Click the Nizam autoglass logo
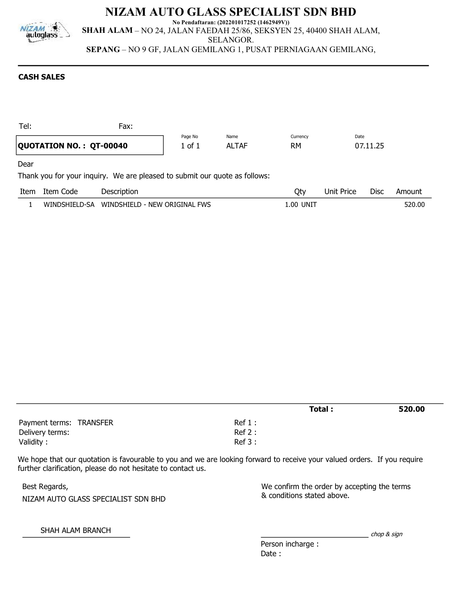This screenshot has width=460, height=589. tap(44, 33)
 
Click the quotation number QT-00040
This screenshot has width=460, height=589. tap(108, 146)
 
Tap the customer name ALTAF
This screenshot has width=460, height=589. tap(237, 146)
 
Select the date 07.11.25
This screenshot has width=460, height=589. tap(369, 146)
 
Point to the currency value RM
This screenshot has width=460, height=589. tap(296, 146)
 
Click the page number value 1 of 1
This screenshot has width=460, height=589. tap(190, 146)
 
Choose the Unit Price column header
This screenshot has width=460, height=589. tap(340, 192)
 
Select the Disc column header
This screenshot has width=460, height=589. tap(377, 192)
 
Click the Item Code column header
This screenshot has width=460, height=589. tap(60, 192)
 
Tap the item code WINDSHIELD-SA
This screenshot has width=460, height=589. tap(69, 205)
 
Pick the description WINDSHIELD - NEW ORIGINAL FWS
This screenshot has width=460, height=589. tap(156, 205)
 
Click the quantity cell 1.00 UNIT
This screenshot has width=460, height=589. tap(301, 205)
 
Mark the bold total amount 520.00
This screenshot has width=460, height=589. tap(412, 409)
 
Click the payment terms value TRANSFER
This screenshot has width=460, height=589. tap(95, 423)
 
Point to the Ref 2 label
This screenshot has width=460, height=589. tap(245, 432)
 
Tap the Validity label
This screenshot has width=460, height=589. tap(33, 442)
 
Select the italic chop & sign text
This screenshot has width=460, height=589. tap(387, 534)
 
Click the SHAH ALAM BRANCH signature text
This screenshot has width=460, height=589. tap(76, 530)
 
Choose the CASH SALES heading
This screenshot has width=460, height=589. tap(41, 77)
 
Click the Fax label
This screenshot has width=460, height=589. tap(126, 126)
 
